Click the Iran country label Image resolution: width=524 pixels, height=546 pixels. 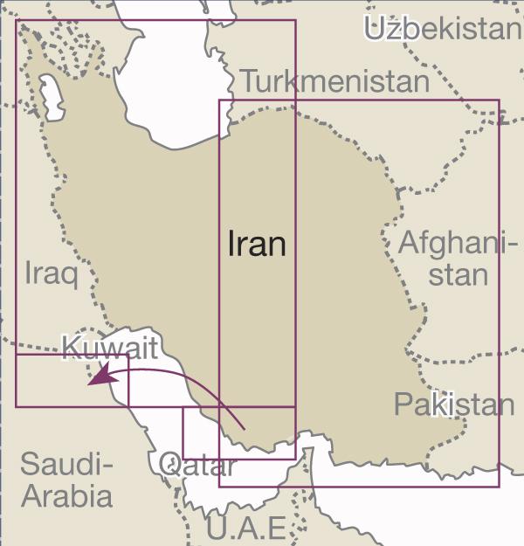click(257, 244)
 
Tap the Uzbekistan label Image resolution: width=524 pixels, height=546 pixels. click(442, 30)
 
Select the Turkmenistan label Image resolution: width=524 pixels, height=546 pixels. click(335, 82)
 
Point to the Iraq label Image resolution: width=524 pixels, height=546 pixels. click(52, 274)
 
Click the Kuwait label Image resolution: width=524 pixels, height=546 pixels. click(110, 349)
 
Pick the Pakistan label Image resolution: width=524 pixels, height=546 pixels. click(454, 404)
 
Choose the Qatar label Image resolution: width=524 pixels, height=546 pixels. click(197, 467)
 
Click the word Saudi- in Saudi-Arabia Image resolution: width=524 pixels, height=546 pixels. click(66, 464)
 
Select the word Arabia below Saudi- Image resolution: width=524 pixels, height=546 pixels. click(67, 496)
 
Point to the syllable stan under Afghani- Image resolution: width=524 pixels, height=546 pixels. click(458, 274)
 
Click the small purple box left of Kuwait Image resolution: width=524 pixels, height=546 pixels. click(72, 380)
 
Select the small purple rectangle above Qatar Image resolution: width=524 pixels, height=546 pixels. click(238, 432)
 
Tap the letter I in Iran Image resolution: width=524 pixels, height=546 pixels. click(231, 244)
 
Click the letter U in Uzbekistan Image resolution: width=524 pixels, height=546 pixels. click(376, 30)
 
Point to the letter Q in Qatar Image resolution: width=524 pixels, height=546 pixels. click(169, 466)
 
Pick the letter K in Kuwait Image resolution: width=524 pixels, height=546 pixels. click(71, 348)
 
